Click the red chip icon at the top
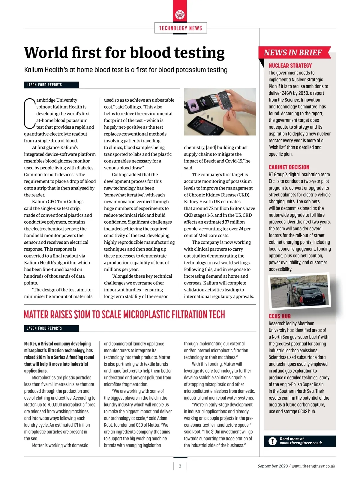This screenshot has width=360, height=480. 180,14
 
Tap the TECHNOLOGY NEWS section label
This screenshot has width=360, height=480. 180,28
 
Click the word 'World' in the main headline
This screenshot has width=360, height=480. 46,52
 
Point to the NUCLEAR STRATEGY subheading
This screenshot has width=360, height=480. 290,66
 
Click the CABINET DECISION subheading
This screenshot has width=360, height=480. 289,167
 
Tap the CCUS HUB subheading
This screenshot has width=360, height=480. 280,316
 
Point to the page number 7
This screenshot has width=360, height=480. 180,466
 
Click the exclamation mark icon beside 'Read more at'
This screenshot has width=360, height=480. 272,441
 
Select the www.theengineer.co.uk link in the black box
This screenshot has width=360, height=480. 301,443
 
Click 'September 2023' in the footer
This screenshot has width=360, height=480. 272,466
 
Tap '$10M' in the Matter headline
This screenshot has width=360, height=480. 82,315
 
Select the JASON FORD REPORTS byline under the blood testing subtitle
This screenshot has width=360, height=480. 45,85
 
